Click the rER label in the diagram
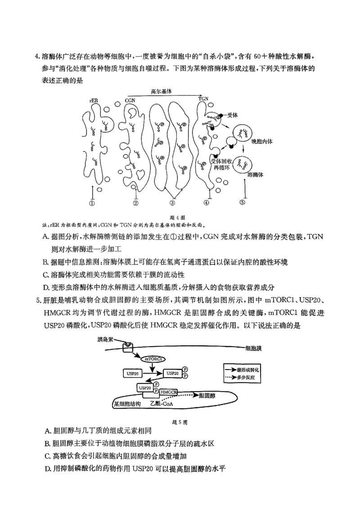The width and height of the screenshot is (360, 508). pyautogui.click(x=93, y=100)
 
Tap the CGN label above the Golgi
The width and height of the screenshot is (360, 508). pyautogui.click(x=130, y=100)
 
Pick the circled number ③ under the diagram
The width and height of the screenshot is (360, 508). pyautogui.click(x=172, y=203)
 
